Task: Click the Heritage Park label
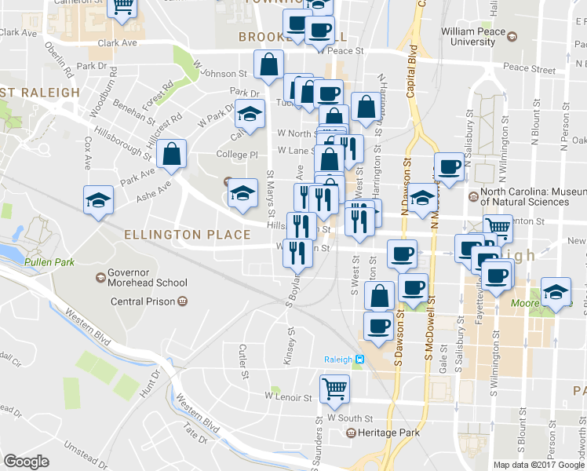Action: (x=384, y=433)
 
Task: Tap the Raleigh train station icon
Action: (x=359, y=360)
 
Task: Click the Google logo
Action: (x=26, y=462)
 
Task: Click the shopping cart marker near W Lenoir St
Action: (x=334, y=388)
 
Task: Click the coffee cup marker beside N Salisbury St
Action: (x=449, y=166)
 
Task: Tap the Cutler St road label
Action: (x=243, y=361)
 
